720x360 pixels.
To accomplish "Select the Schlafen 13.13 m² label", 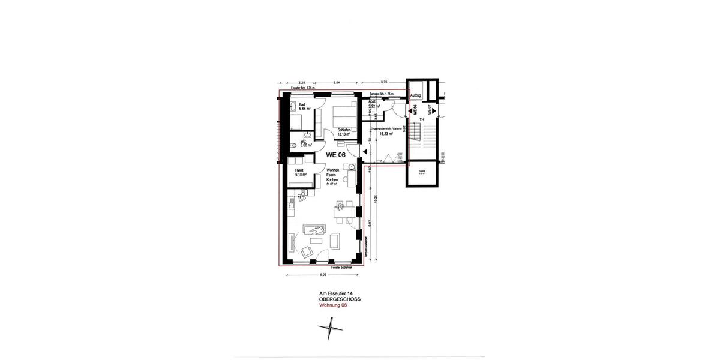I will pos(344,133).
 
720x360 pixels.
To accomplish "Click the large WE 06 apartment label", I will pos(335,154).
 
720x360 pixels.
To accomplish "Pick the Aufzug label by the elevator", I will pos(415,95).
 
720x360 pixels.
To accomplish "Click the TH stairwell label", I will pos(422,119).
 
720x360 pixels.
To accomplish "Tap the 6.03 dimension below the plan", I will pos(322,275).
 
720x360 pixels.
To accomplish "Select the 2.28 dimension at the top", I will pos(301,82).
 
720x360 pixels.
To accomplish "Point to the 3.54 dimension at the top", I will pos(337,82).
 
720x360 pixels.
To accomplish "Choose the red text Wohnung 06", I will pos(333,305).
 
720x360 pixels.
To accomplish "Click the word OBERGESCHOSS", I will pos(340,299).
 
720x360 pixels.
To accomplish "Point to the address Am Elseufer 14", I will pos(335,293).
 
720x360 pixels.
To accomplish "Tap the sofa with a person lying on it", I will pos(314,229).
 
